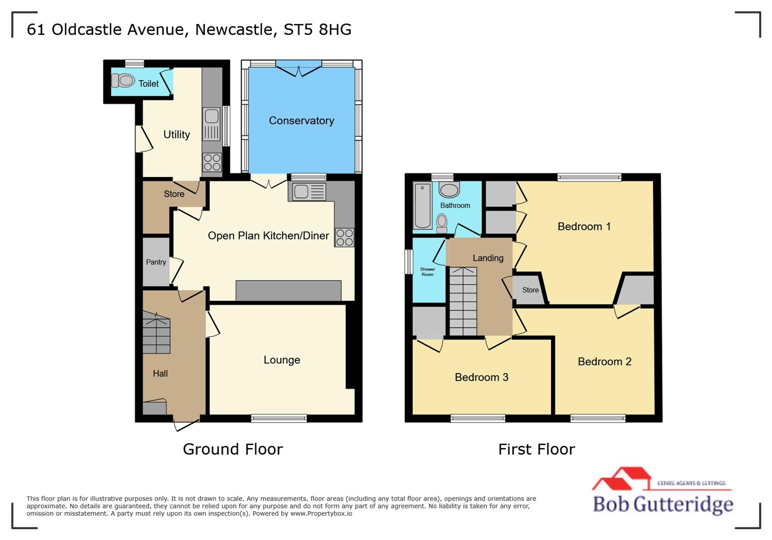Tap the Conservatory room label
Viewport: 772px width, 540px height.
pos(301,120)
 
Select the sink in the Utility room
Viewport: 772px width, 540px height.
pos(211,123)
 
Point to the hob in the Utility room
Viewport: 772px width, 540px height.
pos(212,162)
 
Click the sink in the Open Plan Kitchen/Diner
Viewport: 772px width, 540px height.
pos(308,191)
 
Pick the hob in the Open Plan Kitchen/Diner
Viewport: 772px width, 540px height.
pos(344,237)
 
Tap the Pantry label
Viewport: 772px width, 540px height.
pos(156,262)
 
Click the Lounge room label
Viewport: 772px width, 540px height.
pos(281,360)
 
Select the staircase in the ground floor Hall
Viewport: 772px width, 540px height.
pos(156,333)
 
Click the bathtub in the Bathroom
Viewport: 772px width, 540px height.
pos(422,206)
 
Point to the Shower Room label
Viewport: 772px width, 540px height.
pos(427,271)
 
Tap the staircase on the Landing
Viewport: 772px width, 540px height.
pos(463,301)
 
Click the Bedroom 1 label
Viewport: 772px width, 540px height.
pos(584,226)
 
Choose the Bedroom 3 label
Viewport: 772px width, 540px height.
pos(481,377)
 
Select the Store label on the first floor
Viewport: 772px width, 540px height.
pos(530,290)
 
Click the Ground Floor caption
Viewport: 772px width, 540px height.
pos(232,449)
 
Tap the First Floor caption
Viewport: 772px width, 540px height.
pos(536,449)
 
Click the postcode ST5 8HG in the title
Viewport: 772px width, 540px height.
pos(317,29)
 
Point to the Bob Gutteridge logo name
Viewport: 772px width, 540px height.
pos(662,503)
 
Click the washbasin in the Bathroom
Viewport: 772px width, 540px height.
pos(449,189)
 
